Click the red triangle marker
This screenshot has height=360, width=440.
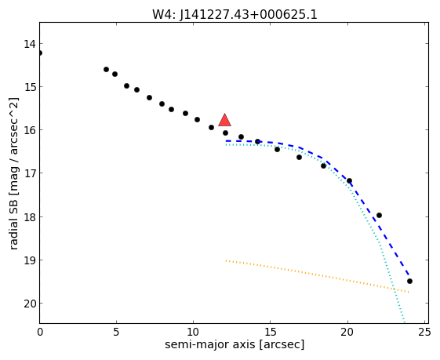[x=224, y=120]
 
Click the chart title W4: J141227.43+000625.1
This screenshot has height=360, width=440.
[x=235, y=14]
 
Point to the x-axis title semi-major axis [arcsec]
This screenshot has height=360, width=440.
[x=235, y=344]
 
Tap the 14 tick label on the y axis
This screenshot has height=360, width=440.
[x=30, y=44]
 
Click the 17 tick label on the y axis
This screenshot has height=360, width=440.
[x=30, y=173]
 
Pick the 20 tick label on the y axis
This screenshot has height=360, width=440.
[x=30, y=304]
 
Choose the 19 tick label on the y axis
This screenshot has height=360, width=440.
[x=30, y=260]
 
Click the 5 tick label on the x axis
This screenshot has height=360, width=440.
[x=116, y=333]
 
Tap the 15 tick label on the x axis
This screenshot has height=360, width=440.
[x=270, y=333]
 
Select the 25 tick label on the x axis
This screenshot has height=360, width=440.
[x=424, y=333]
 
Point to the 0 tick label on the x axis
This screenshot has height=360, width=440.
[x=40, y=333]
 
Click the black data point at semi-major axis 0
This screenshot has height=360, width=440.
[x=40, y=53]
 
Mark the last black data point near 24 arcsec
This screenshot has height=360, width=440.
[x=409, y=281]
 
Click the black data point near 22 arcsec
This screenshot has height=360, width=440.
[x=379, y=215]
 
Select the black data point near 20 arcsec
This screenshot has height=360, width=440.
[x=349, y=180]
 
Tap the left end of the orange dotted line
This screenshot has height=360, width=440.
[x=226, y=260]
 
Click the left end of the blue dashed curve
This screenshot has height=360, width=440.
[x=226, y=141]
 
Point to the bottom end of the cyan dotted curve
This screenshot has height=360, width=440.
[x=405, y=322]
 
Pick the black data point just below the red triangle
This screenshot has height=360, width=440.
[x=225, y=133]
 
